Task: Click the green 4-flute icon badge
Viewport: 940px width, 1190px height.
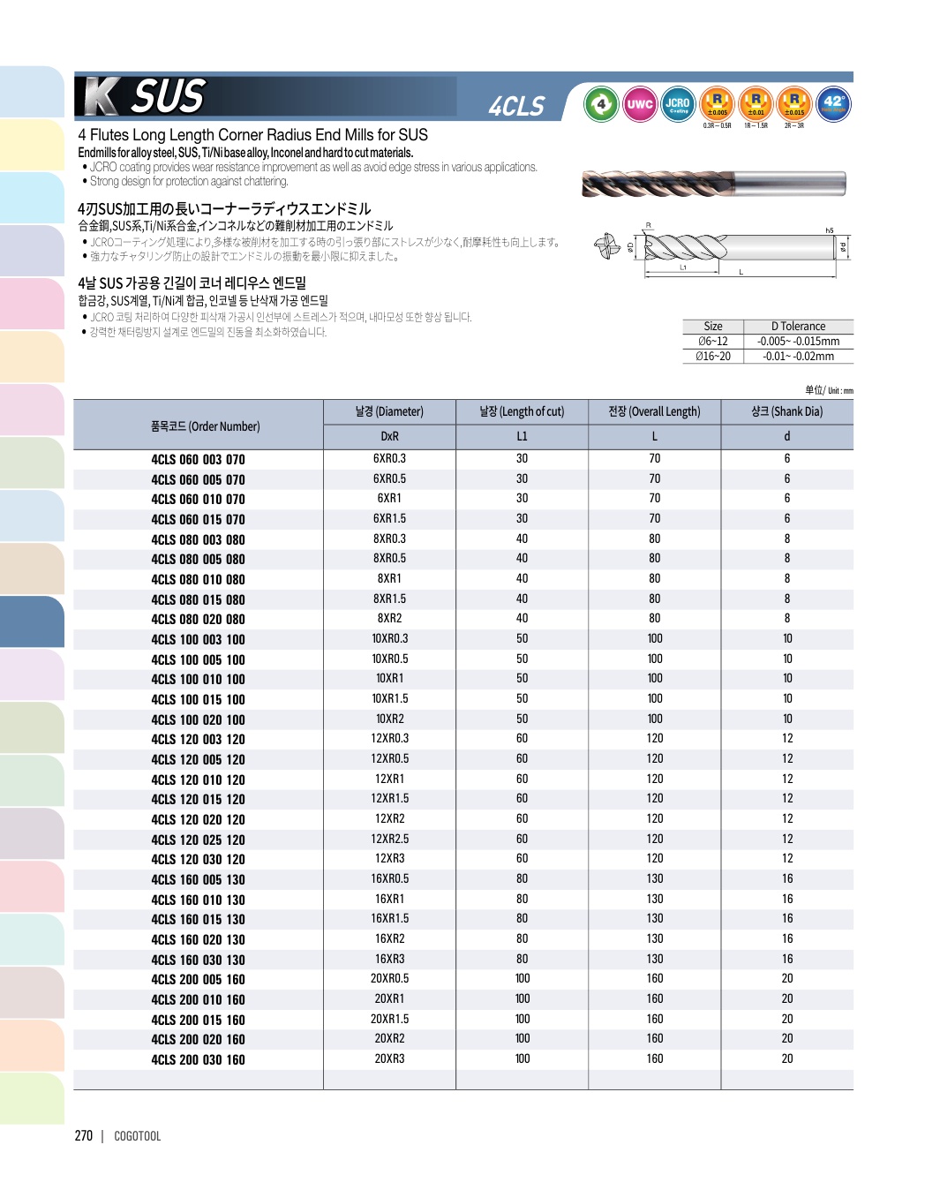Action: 601,104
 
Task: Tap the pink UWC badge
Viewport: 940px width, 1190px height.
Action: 640,104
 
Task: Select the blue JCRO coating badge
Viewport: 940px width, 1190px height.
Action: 678,104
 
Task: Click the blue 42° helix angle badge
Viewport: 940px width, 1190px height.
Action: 833,104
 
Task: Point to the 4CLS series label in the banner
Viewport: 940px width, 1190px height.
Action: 516,107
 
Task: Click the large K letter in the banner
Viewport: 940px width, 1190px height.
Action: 100,97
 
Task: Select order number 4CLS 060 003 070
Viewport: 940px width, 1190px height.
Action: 198,460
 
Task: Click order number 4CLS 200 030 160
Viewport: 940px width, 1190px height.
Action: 198,1060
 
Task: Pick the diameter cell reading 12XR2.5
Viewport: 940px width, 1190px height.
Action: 389,839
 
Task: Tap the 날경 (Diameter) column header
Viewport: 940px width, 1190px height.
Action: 389,411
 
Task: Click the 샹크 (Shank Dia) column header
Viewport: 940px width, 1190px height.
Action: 786,411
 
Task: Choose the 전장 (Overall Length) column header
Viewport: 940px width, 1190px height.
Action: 654,411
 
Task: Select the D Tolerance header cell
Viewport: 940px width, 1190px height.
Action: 798,327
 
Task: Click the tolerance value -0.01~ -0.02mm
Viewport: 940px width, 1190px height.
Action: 798,357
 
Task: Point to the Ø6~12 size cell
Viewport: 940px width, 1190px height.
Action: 713,342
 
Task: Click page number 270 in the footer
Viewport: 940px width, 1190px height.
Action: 84,1136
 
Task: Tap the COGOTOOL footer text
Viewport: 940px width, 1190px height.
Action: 138,1136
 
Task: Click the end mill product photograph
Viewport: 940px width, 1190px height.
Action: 713,184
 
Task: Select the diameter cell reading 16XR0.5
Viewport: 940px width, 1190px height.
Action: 389,879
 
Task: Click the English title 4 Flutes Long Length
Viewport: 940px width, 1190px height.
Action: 252,135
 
